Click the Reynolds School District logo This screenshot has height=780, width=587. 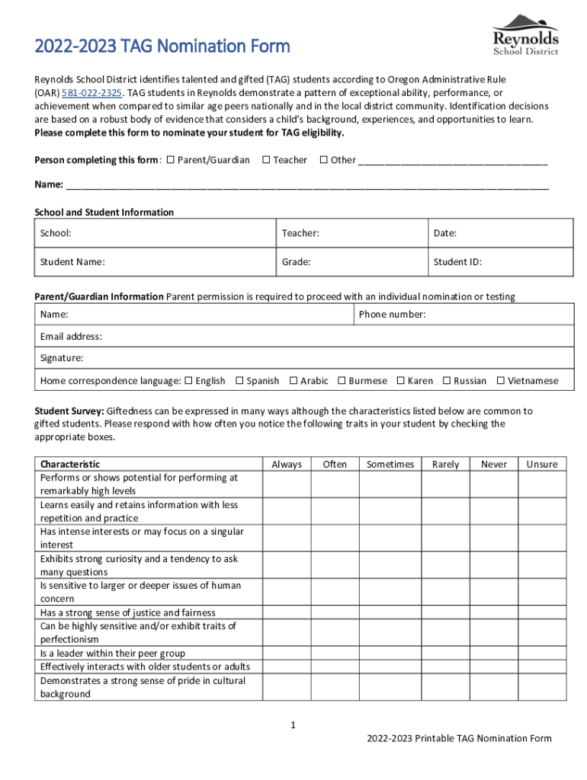[x=525, y=35]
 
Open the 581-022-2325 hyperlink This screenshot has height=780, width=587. [x=91, y=93]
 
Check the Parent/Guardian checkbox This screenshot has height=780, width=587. [x=170, y=160]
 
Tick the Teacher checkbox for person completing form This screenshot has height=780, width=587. [x=266, y=160]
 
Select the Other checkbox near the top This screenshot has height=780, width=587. [x=323, y=160]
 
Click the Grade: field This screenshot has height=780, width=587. [x=351, y=262]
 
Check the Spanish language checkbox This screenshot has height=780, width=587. [x=239, y=381]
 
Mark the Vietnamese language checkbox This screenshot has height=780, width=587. [x=501, y=381]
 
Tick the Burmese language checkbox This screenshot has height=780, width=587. [x=342, y=381]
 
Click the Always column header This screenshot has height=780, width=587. [x=287, y=464]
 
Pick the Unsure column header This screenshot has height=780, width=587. [x=542, y=464]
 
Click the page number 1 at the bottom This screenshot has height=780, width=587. [x=293, y=724]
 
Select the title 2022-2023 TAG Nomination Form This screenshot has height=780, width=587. [x=162, y=46]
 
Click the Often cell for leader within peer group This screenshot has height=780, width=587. [x=335, y=654]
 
